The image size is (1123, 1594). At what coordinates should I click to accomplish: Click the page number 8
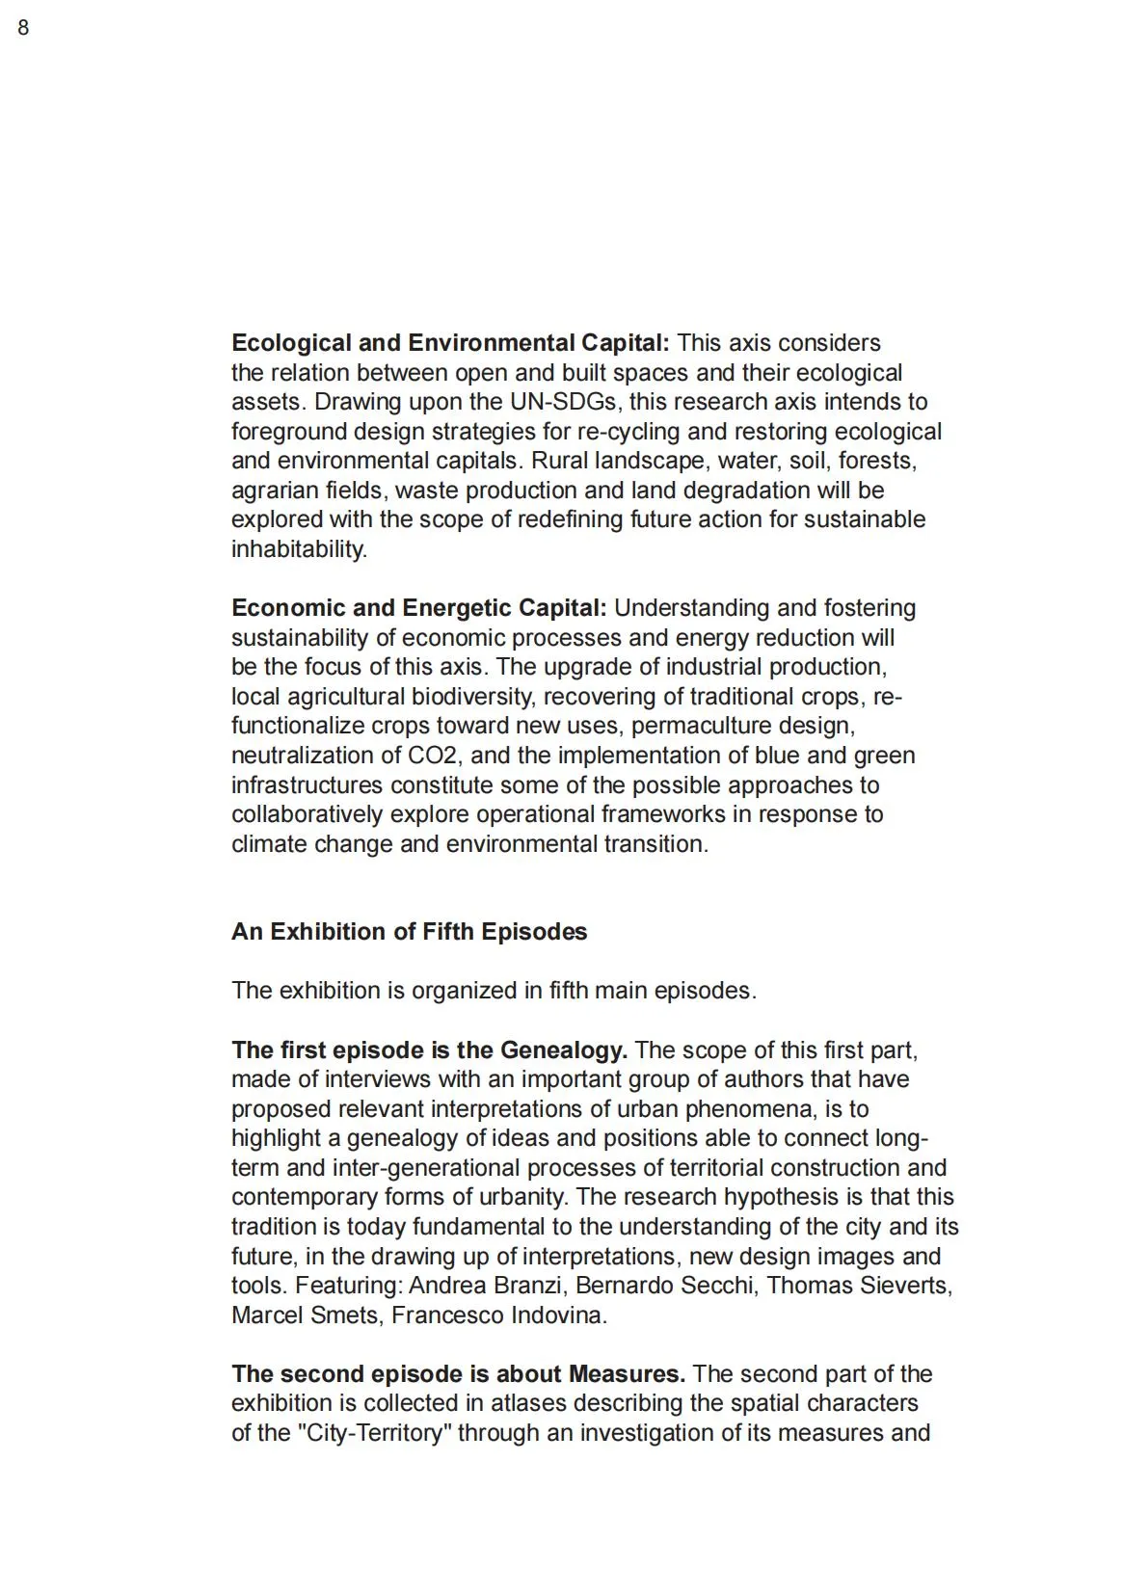point(23,28)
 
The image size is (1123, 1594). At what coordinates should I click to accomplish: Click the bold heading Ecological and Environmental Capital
point(449,343)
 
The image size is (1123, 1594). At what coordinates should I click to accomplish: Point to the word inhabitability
point(299,549)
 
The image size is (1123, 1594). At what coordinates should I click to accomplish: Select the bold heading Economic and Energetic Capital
point(418,608)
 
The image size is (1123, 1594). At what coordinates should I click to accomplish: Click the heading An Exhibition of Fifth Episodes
point(409,932)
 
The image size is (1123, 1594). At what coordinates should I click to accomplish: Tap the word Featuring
point(348,1286)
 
